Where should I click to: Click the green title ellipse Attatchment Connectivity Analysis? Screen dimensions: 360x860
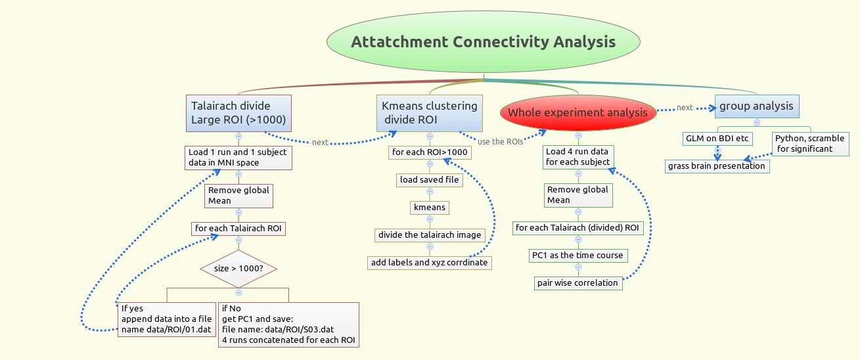coord(483,42)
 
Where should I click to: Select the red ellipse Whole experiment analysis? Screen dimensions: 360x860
coord(577,112)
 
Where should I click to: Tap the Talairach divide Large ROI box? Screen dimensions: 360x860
coord(238,113)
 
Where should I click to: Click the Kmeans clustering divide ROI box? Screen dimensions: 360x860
coord(430,113)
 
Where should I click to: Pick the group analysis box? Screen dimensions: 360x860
coord(756,106)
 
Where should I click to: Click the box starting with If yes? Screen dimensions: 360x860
coord(167,319)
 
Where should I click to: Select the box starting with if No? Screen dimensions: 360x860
coord(288,325)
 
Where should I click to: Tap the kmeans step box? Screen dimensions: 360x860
coord(430,208)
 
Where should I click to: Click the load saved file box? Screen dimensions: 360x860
coord(430,180)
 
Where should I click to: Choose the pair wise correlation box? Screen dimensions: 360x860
coord(578,283)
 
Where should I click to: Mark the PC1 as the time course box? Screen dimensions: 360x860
coord(578,256)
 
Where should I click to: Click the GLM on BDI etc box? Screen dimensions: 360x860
coord(717,139)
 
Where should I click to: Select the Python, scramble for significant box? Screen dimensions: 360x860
coord(811,143)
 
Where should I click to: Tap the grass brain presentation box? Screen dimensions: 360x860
coord(717,166)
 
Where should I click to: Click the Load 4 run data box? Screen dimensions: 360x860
coord(578,156)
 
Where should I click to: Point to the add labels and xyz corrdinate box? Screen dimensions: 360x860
coord(430,263)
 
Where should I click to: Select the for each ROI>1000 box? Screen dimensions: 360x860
coord(430,152)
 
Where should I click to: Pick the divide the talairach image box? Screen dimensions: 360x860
coord(430,235)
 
